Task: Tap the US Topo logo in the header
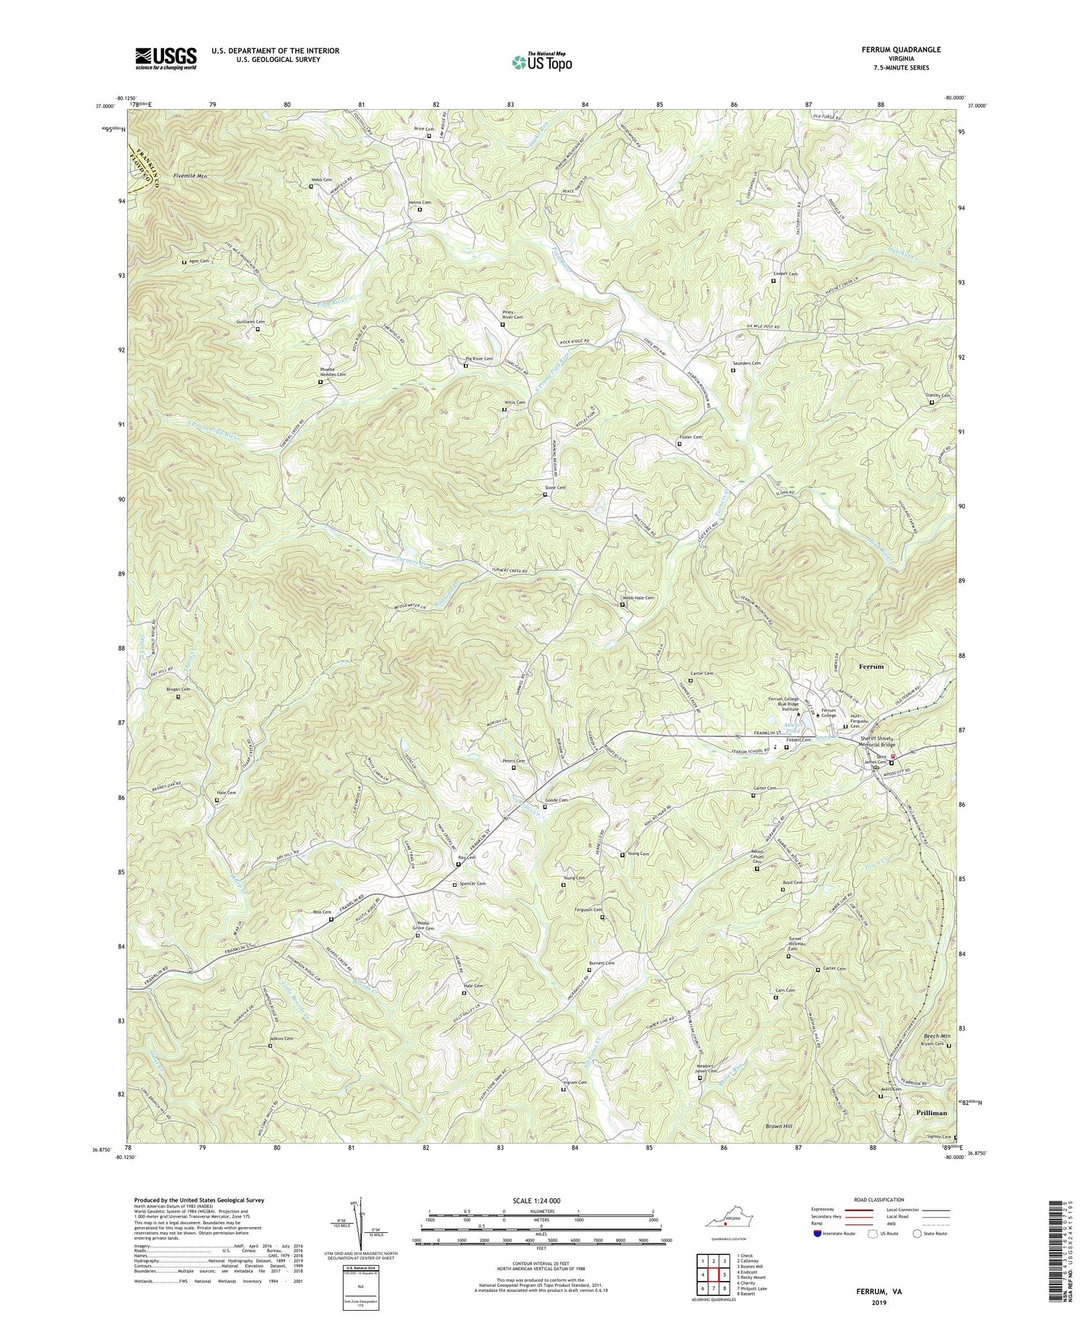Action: (541, 63)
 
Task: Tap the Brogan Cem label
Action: (177, 689)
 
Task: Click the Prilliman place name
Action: (922, 1112)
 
